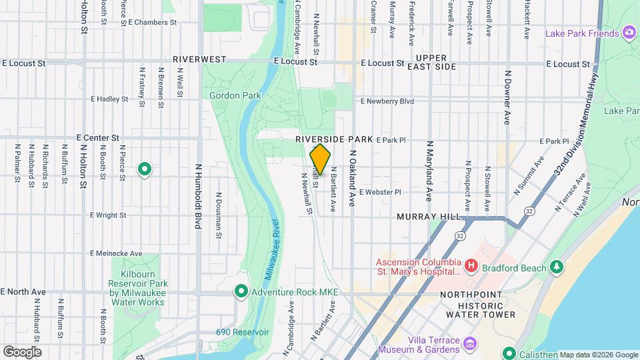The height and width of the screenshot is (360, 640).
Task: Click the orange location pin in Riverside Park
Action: tap(320, 159)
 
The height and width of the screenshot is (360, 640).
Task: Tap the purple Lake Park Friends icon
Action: tap(629, 33)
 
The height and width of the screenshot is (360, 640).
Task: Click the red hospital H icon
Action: tap(471, 267)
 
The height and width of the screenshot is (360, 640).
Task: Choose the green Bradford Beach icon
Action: tap(557, 267)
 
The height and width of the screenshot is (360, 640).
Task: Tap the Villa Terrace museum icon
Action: tap(471, 344)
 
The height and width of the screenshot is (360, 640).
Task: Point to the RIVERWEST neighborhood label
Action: tap(200, 59)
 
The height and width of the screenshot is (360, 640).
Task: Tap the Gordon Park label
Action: tap(235, 95)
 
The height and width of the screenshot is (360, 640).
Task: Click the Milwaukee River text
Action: tap(272, 246)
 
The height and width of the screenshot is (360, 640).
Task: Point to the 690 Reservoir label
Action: tap(242, 332)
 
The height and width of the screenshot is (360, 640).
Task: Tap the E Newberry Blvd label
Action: tap(387, 101)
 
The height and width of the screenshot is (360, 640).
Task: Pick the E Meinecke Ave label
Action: tap(117, 253)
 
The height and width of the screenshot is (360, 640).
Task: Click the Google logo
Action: tap(22, 351)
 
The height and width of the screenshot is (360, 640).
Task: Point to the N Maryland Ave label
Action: tap(429, 171)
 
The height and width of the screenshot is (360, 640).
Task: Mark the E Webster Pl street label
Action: tap(380, 192)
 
